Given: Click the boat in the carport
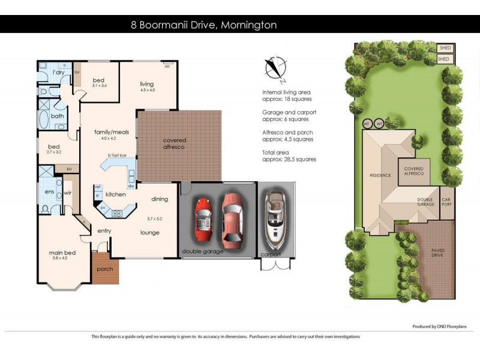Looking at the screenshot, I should [274, 218].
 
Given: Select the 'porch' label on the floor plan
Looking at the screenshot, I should [105, 269].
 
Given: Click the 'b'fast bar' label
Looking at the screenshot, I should [117, 156].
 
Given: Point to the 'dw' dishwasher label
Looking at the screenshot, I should [130, 186].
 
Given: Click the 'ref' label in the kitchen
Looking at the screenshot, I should [97, 187].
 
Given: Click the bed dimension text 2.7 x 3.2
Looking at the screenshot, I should [54, 152].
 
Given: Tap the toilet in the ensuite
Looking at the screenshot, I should [46, 209].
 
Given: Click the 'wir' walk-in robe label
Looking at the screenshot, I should [68, 193].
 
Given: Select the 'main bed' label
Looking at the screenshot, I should [61, 253].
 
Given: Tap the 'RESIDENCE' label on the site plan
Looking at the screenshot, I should [380, 175].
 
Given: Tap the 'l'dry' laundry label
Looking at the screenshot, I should [59, 73].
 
